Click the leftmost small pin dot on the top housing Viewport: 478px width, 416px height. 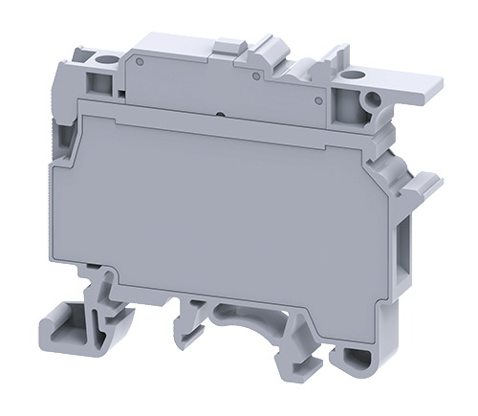coord(140,65)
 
